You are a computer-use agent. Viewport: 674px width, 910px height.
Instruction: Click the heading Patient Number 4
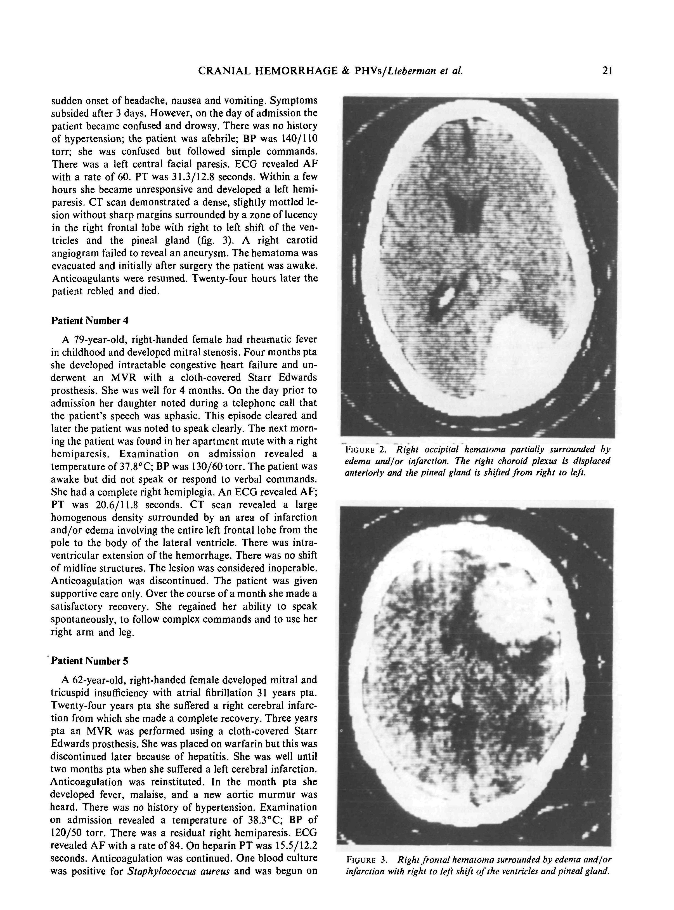(90, 321)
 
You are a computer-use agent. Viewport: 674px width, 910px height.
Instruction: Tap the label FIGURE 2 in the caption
(366, 450)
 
